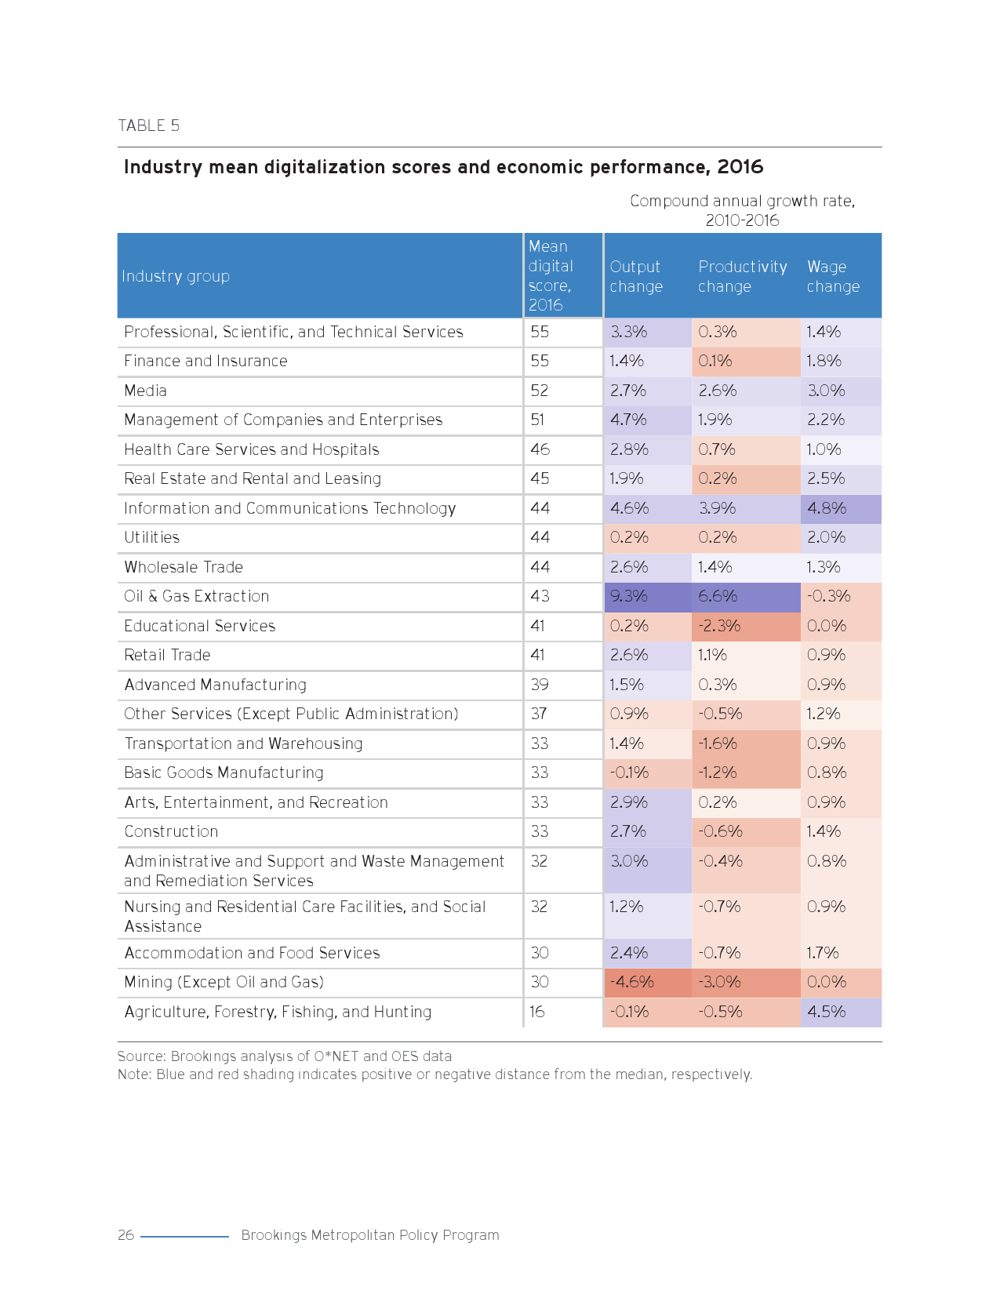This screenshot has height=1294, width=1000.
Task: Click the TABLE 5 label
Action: pyautogui.click(x=148, y=125)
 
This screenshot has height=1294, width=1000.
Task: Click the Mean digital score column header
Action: pyautogui.click(x=551, y=275)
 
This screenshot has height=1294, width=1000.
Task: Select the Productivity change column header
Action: pyautogui.click(x=742, y=276)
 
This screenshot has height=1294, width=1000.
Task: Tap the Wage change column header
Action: pyautogui.click(x=833, y=276)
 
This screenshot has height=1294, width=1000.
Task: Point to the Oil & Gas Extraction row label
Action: pyautogui.click(x=196, y=596)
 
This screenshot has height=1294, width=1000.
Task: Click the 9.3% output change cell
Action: pyautogui.click(x=629, y=596)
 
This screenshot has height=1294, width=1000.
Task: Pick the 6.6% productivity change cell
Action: pyautogui.click(x=718, y=596)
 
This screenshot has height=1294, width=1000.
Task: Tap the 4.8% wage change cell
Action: pyautogui.click(x=827, y=508)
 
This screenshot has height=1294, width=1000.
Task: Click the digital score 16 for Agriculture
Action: pyautogui.click(x=537, y=1012)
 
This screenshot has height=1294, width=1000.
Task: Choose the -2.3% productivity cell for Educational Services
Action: pyautogui.click(x=719, y=626)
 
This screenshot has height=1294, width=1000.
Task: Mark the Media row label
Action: pyautogui.click(x=145, y=391)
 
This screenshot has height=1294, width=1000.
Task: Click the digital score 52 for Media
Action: pyautogui.click(x=540, y=391)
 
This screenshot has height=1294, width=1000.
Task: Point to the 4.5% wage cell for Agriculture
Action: pyautogui.click(x=827, y=1012)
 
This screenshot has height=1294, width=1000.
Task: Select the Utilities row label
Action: pyautogui.click(x=151, y=537)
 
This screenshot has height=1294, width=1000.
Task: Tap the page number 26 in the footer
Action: pyautogui.click(x=125, y=1235)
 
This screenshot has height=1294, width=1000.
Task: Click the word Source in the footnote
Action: pyautogui.click(x=140, y=1056)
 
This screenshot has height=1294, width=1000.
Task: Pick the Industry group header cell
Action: pyautogui.click(x=176, y=276)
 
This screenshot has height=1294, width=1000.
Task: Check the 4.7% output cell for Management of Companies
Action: pyautogui.click(x=628, y=420)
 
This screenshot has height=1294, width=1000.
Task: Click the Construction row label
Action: pyautogui.click(x=171, y=831)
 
